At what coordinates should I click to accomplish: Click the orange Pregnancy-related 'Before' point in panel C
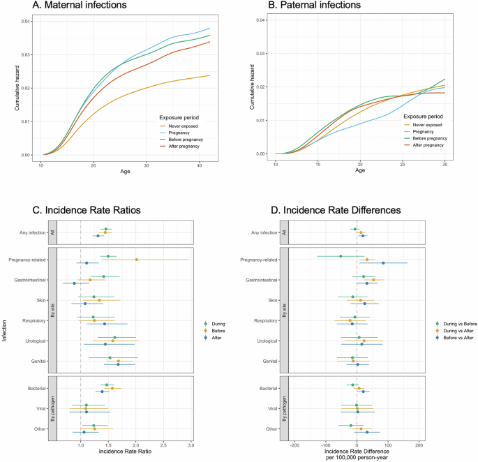pos(136,260)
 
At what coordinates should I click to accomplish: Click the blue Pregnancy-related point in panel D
pos(383,263)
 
